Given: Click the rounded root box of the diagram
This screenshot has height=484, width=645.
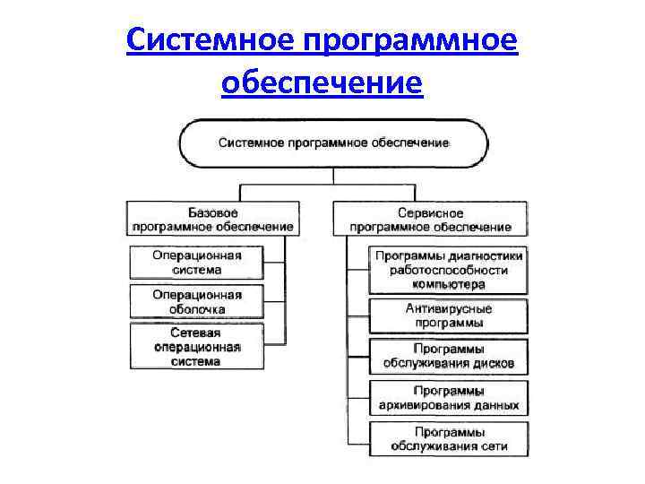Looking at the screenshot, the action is [334, 143].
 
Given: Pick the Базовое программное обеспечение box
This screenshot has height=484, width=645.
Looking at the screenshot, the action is [212, 220].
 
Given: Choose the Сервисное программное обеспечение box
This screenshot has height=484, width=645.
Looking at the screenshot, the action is [430, 220].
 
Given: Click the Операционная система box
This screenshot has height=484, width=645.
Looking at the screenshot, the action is [196, 262].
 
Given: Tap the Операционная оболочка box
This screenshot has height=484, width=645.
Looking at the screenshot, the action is [196, 302].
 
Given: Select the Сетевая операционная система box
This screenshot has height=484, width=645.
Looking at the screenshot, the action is [196, 347].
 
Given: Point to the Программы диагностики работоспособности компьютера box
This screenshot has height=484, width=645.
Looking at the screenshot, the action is [449, 270].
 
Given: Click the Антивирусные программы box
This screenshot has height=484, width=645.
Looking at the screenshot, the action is [449, 315].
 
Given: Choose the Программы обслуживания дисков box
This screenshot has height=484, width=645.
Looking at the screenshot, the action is [449, 356].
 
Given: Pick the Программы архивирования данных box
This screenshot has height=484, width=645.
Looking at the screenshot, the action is [449, 398].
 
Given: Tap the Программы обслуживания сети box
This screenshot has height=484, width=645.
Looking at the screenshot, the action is [449, 439].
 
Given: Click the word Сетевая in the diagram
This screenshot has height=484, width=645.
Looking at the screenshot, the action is [196, 333].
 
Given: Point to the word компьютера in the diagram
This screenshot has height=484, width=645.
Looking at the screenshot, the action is [449, 284].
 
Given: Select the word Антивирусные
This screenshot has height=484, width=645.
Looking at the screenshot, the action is [449, 308].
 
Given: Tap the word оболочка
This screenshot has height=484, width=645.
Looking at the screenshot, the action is [196, 309].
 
